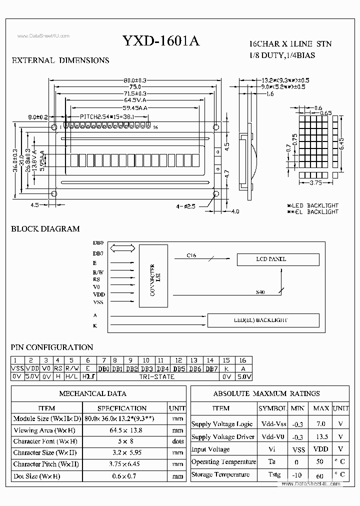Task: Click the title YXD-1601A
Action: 160,41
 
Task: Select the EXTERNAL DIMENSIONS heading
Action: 60,60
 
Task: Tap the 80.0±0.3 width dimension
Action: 134,80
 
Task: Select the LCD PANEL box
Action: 277,259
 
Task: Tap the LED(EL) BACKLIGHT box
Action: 263,320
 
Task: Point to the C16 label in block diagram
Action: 191,255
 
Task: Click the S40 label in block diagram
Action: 260,291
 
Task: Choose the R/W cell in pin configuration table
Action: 71,368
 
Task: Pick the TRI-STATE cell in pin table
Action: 157,376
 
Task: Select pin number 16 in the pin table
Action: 243,360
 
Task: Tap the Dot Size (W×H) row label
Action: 44,476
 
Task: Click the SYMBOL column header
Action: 273,408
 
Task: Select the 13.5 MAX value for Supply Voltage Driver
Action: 320,436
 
